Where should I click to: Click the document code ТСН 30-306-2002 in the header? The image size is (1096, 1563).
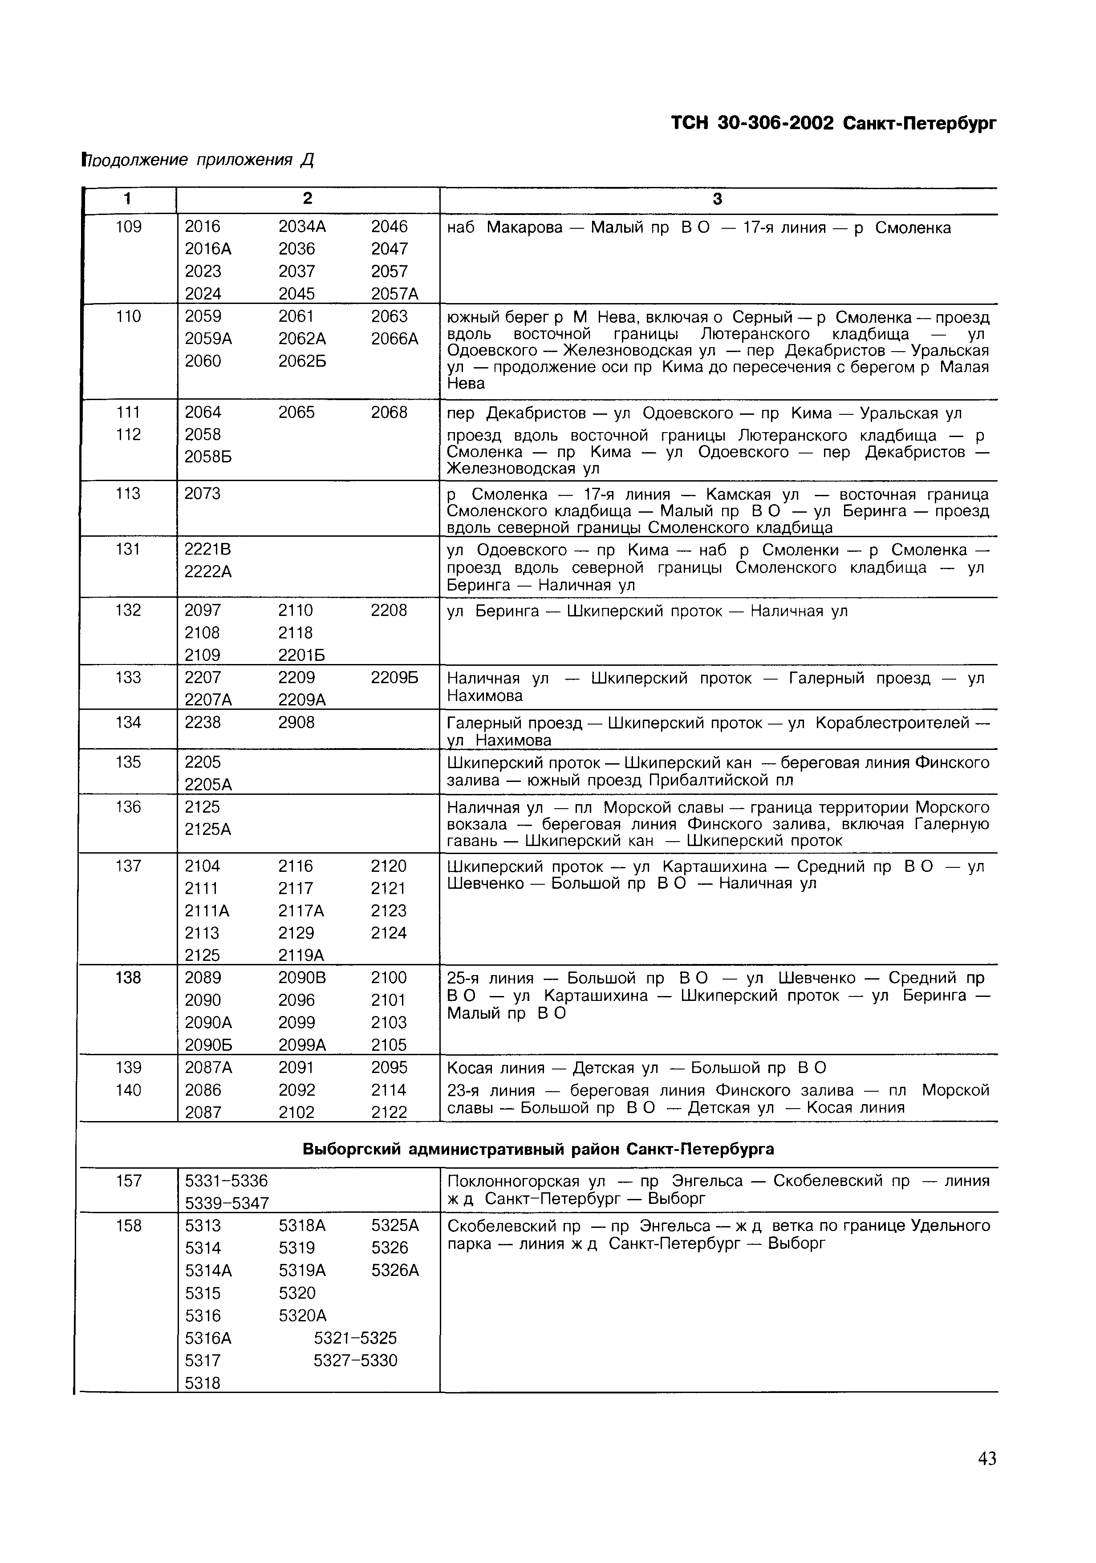[x=752, y=124]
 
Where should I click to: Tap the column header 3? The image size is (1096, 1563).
[x=717, y=199]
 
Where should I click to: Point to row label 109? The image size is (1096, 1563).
[x=129, y=227]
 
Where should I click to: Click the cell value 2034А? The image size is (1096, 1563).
[x=302, y=227]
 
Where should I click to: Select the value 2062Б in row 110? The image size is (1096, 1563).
[x=302, y=361]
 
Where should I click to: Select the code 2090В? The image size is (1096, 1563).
[x=302, y=978]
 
